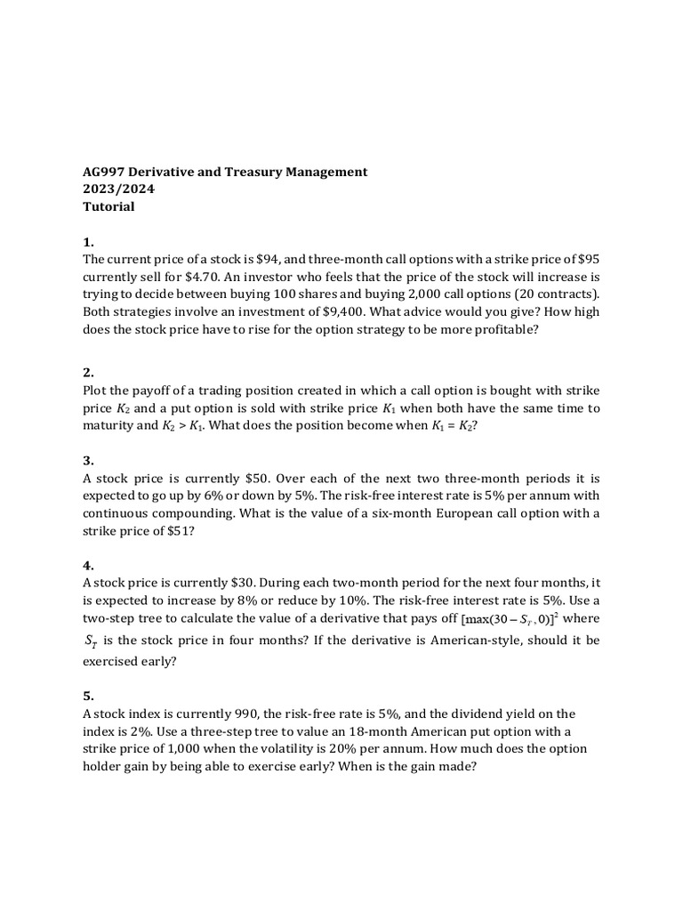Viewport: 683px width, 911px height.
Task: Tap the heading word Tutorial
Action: click(x=108, y=206)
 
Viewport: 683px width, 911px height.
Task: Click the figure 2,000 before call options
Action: click(x=413, y=294)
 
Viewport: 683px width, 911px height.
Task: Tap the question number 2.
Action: click(x=88, y=373)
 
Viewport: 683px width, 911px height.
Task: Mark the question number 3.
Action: click(x=88, y=461)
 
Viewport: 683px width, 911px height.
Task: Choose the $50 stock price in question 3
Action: click(x=246, y=478)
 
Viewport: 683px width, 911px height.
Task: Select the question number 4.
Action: click(x=88, y=566)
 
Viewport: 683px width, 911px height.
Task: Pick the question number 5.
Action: click(x=88, y=696)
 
